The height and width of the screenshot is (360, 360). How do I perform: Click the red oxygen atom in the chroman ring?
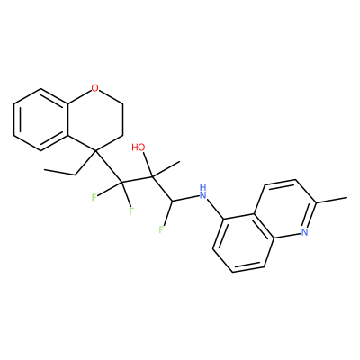pos(94,88)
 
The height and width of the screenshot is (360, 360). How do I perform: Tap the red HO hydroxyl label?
pos(139,148)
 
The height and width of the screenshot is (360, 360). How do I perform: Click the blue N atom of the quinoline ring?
pos(305,231)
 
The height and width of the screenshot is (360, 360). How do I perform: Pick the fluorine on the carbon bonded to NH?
pos(161,230)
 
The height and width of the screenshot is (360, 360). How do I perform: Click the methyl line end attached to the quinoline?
pos(347,197)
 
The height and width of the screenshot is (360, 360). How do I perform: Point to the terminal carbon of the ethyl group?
pos(44,170)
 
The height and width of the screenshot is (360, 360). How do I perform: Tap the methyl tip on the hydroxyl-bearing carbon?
pos(179,162)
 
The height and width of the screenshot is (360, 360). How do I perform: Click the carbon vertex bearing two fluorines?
pos(121,183)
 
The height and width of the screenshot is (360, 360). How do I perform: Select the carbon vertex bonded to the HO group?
pos(152,177)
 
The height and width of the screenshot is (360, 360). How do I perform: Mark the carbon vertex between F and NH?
pos(171,201)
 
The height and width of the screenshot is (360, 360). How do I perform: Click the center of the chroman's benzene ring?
pos(40,120)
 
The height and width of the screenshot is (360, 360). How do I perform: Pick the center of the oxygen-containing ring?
pos(94,120)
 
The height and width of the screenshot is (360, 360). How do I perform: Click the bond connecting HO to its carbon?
pos(148,165)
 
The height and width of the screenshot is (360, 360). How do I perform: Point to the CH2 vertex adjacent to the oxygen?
pos(123,103)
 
